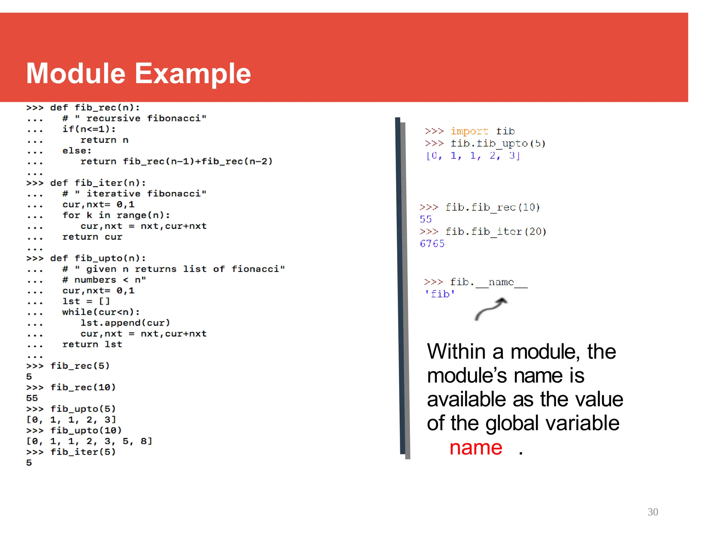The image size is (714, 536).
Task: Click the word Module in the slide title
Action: (76, 73)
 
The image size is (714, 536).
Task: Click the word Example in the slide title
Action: (193, 74)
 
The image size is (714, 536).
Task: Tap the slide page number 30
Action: (653, 512)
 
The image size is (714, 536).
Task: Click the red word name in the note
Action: (476, 448)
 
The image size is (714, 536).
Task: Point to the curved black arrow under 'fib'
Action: (491, 308)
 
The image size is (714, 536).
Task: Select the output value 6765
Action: (432, 244)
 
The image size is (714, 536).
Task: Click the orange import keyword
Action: (469, 131)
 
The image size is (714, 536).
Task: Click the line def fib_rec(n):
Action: (95, 107)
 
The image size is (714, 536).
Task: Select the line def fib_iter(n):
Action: (98, 183)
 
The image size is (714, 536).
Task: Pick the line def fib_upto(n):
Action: (98, 258)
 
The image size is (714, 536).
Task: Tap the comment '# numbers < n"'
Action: (104, 280)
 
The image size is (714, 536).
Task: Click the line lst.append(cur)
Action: (125, 323)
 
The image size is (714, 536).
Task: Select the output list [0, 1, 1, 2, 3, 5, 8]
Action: (89, 441)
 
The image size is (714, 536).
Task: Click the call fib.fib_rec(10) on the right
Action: (492, 207)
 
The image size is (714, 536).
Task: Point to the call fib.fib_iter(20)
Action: (495, 231)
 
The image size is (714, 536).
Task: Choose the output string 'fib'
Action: (440, 294)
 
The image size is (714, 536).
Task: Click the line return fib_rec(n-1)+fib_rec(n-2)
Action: (176, 161)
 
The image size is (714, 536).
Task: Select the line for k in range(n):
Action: (116, 215)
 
